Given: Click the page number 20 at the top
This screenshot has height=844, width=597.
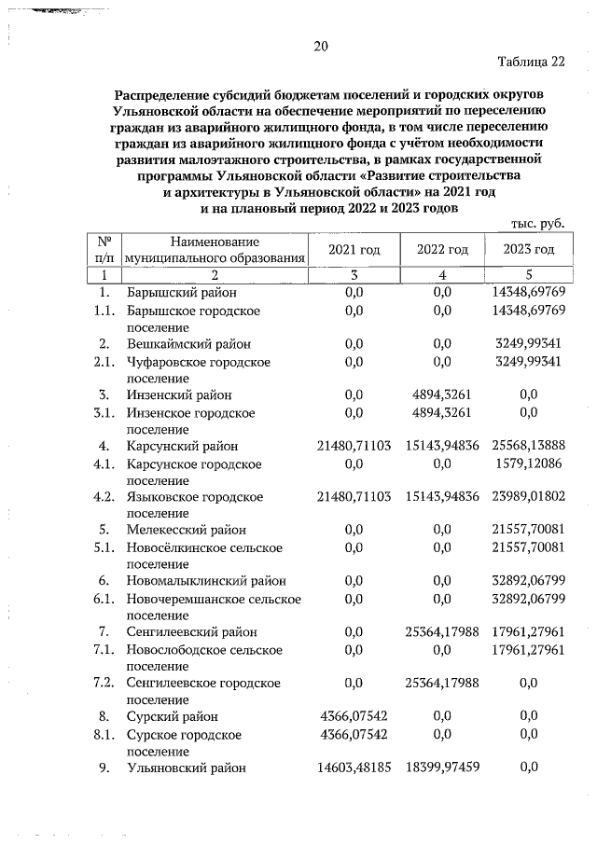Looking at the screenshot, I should [x=320, y=47].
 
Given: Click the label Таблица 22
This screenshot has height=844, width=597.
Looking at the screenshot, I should [x=533, y=63].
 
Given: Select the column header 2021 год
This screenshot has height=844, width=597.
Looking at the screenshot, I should [x=354, y=249].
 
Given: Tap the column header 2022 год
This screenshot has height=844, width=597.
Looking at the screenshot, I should [x=441, y=249].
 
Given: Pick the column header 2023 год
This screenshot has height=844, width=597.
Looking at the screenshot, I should [x=528, y=249].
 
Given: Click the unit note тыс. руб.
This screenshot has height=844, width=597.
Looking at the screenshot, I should [x=539, y=224].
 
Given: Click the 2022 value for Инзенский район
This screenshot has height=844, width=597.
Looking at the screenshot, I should [x=442, y=394].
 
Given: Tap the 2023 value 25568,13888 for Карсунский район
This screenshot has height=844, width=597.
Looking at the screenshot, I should [x=528, y=446].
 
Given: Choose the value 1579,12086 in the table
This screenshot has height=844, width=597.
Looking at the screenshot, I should [x=528, y=463].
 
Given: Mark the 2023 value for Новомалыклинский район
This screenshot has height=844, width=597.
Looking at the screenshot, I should [x=528, y=581].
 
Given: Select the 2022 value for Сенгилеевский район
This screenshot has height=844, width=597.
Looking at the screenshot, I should [x=443, y=632].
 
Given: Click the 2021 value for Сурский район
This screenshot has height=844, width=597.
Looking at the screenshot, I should [x=354, y=716].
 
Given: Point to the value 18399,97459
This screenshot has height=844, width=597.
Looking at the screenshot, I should [x=443, y=768].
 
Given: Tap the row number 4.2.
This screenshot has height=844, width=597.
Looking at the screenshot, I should [x=104, y=496].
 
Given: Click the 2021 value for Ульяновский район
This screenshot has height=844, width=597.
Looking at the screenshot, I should [x=354, y=768].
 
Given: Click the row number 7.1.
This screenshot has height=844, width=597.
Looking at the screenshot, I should [x=104, y=649].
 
